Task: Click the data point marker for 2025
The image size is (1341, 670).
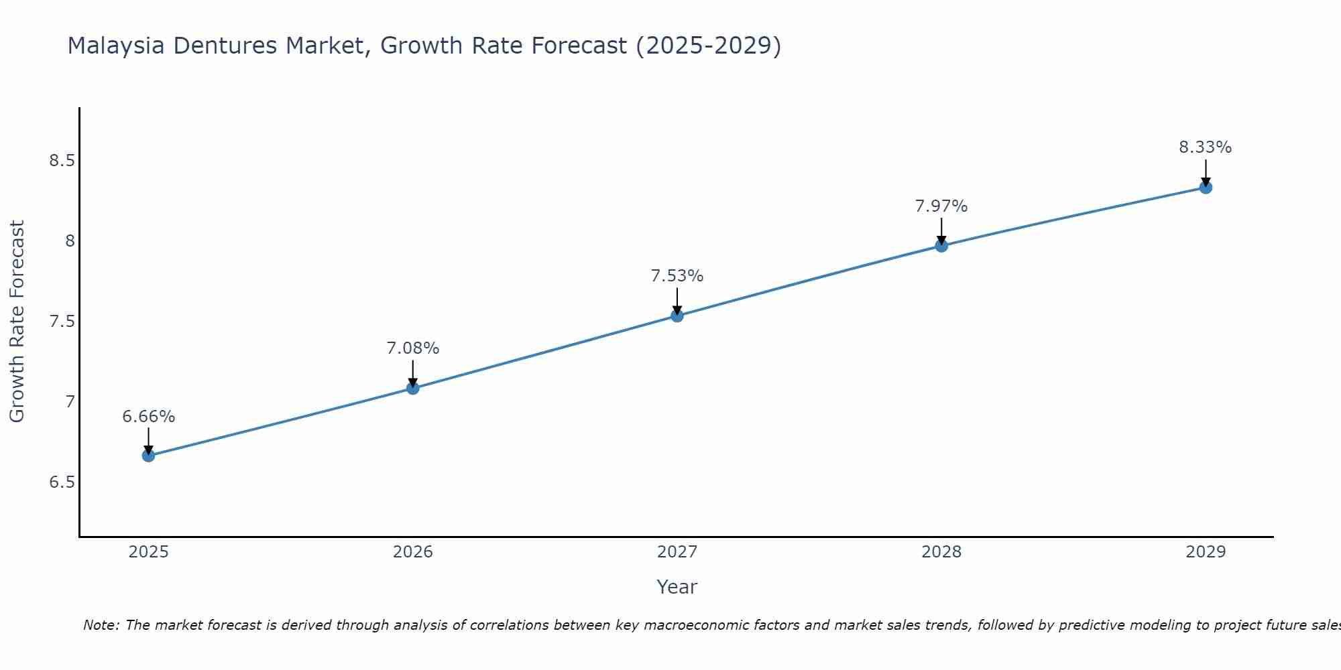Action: tap(148, 456)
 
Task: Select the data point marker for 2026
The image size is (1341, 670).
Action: tap(413, 388)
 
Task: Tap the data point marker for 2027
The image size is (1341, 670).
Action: tap(677, 316)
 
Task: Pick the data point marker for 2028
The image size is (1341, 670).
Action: tap(941, 246)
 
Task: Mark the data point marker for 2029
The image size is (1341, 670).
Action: tap(1206, 188)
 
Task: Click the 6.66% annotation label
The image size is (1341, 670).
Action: tap(148, 417)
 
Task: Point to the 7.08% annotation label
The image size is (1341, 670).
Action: tap(413, 348)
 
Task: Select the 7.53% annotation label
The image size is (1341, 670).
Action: tap(677, 276)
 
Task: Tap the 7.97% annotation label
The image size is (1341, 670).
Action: tap(941, 206)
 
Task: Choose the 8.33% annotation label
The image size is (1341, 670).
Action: tap(1206, 147)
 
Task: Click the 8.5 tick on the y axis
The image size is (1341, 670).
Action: tap(62, 161)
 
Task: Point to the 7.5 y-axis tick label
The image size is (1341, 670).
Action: tap(62, 322)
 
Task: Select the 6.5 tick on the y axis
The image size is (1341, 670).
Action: tap(62, 482)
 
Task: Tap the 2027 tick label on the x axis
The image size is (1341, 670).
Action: tap(677, 552)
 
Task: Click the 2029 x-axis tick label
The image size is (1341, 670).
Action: tap(1206, 552)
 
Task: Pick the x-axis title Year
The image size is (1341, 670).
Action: tap(677, 587)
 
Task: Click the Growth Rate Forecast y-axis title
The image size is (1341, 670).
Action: tap(17, 322)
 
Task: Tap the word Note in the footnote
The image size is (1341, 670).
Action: tap(100, 625)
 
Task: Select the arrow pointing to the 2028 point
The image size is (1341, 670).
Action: tap(941, 231)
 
